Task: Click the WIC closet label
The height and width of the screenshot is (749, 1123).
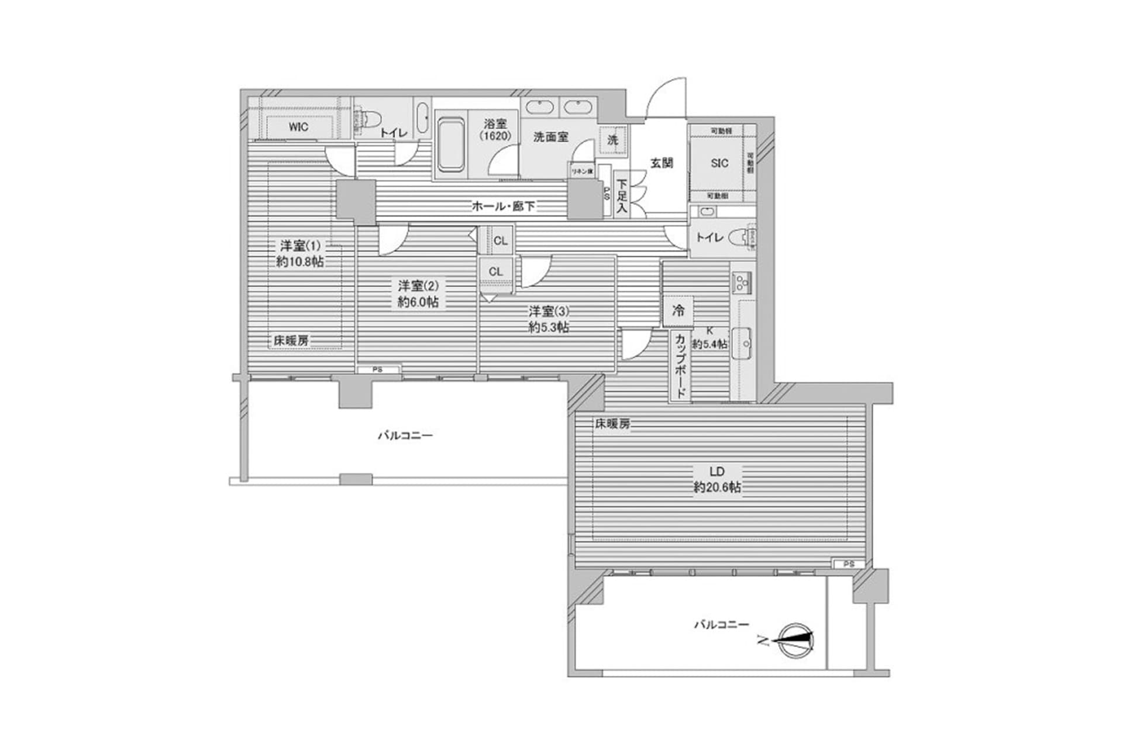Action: point(298,128)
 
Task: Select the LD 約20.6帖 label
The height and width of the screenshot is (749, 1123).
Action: point(717,479)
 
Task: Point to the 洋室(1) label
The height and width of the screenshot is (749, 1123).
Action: point(300,246)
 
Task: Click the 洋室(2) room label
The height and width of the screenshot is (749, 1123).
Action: point(418,286)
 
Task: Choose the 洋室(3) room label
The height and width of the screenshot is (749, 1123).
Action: point(549,311)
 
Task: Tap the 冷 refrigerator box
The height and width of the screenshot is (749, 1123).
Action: point(678,311)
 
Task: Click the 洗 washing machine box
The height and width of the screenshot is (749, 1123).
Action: point(612,140)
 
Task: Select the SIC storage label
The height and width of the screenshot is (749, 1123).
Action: point(719,163)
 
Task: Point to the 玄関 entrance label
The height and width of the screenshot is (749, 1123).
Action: point(662,163)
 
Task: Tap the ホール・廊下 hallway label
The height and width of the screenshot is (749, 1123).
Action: point(503,206)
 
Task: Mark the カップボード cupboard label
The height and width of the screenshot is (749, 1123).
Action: point(680,366)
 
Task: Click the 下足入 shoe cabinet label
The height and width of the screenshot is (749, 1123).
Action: point(621,196)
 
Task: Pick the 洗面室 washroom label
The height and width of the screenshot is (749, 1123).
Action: point(550,137)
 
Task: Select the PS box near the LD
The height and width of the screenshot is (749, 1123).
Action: point(849,564)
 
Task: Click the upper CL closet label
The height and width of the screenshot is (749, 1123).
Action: point(501,240)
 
